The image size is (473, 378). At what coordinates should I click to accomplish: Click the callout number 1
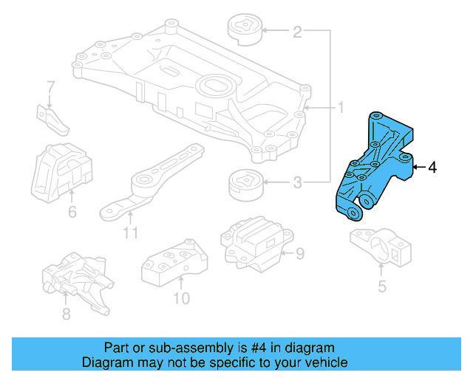point(341,109)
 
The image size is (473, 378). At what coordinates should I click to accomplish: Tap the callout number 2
point(297,32)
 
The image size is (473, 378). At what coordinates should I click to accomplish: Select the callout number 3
point(297,182)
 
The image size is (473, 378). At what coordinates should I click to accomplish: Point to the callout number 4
point(432,168)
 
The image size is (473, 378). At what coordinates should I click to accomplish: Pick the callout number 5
point(381,286)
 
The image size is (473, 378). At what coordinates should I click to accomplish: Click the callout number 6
point(72,213)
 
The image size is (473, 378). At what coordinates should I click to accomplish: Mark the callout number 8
point(65,315)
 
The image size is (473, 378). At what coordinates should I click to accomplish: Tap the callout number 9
point(300,255)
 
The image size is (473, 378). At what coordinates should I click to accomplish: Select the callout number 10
point(181,298)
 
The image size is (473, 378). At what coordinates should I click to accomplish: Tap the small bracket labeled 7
point(51,120)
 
